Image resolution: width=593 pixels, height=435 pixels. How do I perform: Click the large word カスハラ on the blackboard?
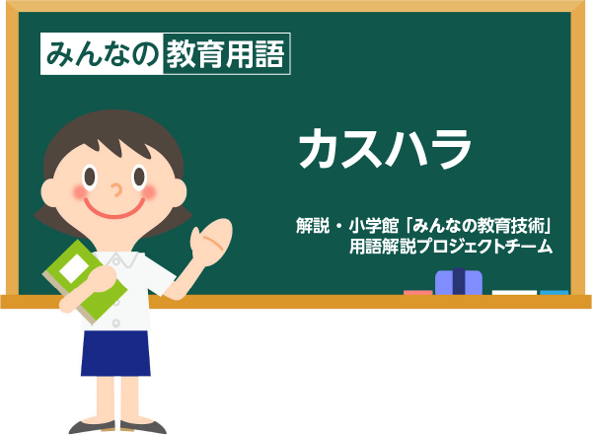pos(386,148)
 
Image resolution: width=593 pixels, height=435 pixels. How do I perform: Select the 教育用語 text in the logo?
pos(225,54)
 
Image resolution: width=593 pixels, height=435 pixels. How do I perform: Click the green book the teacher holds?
pos(84,281)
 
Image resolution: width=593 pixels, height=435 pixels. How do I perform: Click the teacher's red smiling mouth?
pos(114,209)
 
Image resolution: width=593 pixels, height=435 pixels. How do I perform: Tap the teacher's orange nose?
pos(116,189)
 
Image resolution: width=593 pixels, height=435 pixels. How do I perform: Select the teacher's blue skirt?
pos(115,353)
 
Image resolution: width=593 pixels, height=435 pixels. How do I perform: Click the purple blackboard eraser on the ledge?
pos(459,282)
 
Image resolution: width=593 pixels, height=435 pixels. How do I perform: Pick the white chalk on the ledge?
pos(514,293)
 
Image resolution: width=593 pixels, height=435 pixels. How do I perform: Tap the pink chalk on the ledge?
pos(418,293)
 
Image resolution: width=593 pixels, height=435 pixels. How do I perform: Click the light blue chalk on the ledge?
pos(555,293)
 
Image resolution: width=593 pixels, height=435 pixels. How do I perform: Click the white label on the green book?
pos(74,268)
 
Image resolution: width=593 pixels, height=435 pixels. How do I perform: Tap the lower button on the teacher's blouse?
pos(116,324)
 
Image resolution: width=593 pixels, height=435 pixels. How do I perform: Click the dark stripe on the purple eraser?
pos(459,281)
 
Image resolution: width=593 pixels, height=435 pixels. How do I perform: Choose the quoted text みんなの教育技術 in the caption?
pos(478,226)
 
